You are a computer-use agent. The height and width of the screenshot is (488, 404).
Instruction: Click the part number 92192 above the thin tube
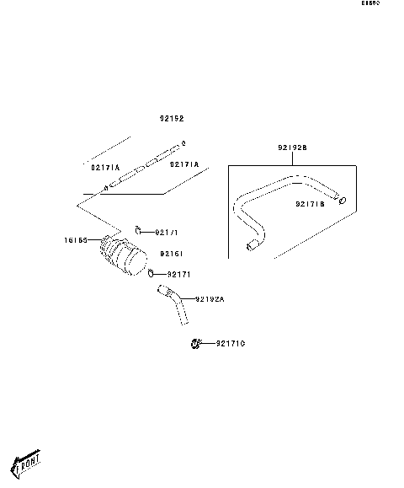point(172,119)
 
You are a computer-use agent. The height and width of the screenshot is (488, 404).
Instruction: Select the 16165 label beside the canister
point(77,240)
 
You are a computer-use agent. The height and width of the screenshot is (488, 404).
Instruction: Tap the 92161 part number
point(172,253)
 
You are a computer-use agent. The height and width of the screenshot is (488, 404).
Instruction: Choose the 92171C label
point(230,344)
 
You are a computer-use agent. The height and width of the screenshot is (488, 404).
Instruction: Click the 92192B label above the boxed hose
point(292,147)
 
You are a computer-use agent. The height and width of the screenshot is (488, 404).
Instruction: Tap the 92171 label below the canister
point(179,274)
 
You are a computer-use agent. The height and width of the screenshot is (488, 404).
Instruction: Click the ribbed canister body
point(125,255)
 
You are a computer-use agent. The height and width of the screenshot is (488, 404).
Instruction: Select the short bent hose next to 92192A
point(175,304)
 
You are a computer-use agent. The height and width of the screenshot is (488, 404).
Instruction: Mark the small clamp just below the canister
point(151,273)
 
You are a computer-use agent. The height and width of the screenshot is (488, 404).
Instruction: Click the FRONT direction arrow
point(26,462)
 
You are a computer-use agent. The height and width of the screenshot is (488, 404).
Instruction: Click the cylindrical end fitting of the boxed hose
point(251,246)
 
